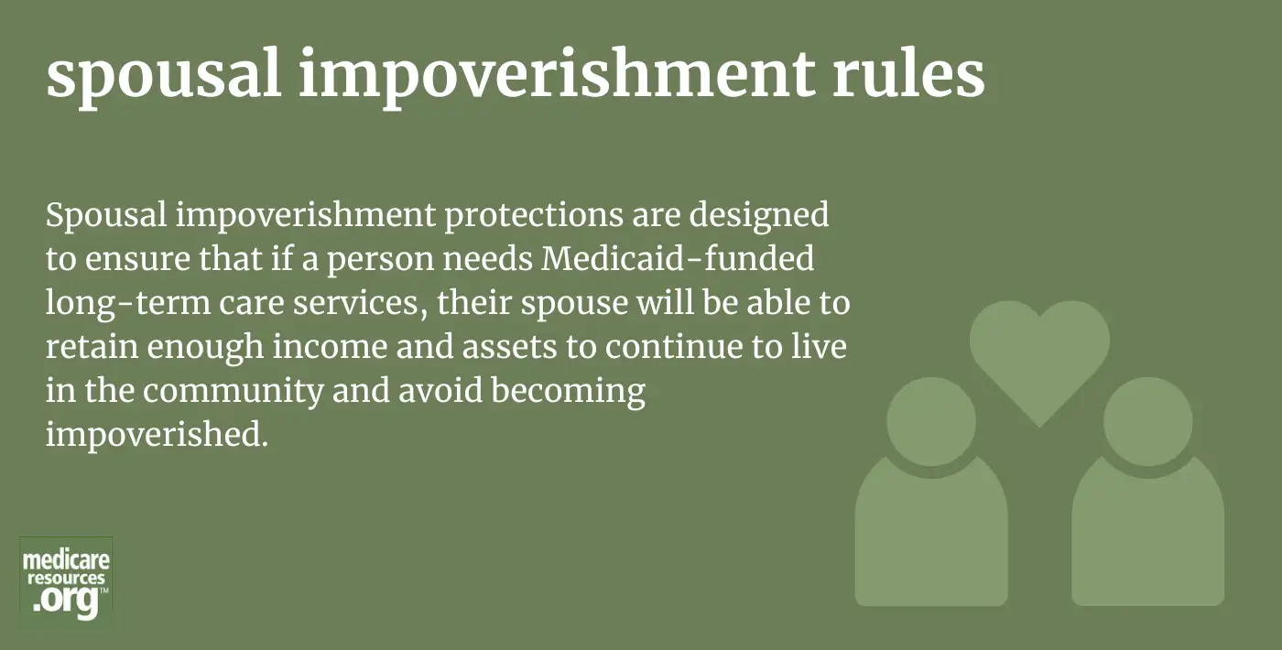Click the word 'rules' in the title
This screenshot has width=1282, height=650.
[x=908, y=73]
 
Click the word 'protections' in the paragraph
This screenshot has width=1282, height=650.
[x=533, y=216]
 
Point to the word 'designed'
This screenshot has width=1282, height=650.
[x=758, y=216]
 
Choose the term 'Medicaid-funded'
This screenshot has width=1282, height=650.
[x=678, y=258]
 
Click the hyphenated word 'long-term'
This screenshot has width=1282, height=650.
[x=127, y=303]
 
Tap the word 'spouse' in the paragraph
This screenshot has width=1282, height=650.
[x=574, y=304]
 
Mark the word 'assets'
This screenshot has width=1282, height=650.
[x=509, y=348]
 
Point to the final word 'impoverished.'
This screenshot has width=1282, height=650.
[x=157, y=436]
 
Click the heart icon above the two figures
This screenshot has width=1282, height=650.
[x=1039, y=355]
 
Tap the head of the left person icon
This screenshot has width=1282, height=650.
[x=931, y=422]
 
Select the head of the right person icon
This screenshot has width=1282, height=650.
[x=1148, y=422]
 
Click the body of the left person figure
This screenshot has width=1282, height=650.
[x=931, y=538]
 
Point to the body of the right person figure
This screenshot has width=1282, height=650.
[x=1148, y=538]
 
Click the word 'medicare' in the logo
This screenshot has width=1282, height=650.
[x=66, y=559]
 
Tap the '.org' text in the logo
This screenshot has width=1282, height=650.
[x=66, y=601]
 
